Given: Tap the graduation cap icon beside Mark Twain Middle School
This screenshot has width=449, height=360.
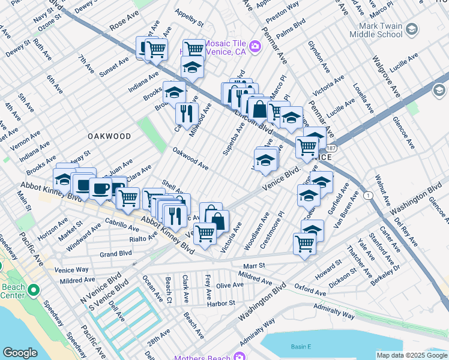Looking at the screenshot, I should [412, 29].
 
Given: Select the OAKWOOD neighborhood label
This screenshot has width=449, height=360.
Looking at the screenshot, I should [109, 136].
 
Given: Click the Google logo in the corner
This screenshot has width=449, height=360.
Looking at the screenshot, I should [20, 353].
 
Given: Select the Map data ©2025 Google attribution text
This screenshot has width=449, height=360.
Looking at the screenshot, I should [411, 355].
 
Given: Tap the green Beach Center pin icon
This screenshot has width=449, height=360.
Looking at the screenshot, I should [33, 291].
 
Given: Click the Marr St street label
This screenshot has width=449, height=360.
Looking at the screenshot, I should [253, 265].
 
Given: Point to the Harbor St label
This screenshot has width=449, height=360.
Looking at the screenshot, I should [222, 304].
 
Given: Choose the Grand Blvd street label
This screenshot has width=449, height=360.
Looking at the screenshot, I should [116, 254].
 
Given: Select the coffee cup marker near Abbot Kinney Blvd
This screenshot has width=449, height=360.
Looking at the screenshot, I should [100, 188].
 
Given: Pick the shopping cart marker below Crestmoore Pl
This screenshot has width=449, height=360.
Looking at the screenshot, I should [304, 244].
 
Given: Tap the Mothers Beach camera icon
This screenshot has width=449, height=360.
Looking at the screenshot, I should [239, 358].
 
